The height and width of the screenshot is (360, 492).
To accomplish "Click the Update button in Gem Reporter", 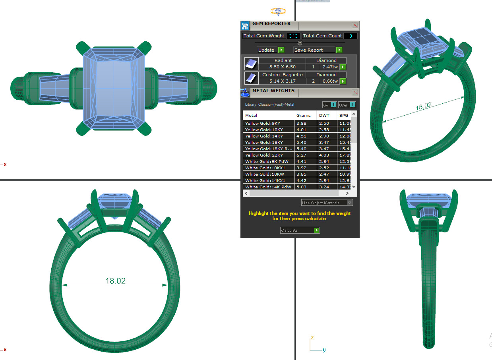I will point(271,50).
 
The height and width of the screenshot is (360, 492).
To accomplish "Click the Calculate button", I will point(300,230).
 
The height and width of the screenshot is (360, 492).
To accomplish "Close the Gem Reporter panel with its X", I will point(355,25).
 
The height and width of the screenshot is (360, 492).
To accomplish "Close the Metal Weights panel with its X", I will point(355,93).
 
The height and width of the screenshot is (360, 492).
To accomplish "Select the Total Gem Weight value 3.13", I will point(294,36).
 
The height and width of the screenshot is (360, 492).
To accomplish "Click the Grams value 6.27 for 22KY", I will point(301,155).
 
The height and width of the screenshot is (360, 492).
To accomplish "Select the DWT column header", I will point(324,115).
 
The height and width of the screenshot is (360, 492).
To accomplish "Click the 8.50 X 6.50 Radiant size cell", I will point(283,67).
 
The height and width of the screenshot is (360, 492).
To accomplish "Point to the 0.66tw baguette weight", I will point(330,81).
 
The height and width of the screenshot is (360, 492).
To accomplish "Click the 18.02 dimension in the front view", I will point(115,281).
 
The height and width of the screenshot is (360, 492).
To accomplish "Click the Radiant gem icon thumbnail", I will point(251,64).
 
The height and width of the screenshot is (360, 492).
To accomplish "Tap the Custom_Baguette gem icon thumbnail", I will point(251,78).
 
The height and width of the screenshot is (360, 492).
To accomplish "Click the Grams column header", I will point(304,115).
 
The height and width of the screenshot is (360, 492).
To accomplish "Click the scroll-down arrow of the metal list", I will point(354,187).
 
